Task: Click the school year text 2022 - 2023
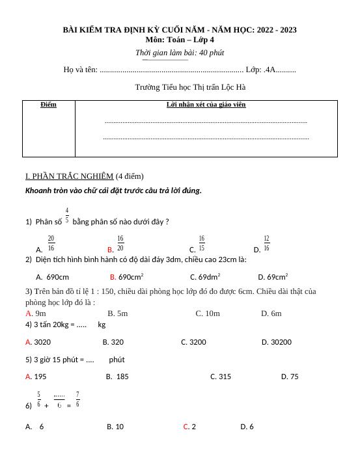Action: (x=277, y=30)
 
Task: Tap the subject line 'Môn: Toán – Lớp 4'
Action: (x=180, y=40)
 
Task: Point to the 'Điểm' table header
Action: (x=48, y=105)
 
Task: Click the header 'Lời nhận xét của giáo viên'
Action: (x=206, y=104)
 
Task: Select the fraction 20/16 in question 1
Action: (x=51, y=243)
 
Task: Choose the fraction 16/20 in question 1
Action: (x=120, y=243)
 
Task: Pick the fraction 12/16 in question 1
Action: (x=266, y=243)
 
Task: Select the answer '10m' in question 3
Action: (x=212, y=313)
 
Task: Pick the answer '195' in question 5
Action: (x=40, y=377)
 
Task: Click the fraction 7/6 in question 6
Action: (x=78, y=399)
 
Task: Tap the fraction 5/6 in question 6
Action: (x=39, y=399)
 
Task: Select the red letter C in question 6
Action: (x=186, y=427)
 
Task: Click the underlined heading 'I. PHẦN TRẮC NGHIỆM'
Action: (x=69, y=176)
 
